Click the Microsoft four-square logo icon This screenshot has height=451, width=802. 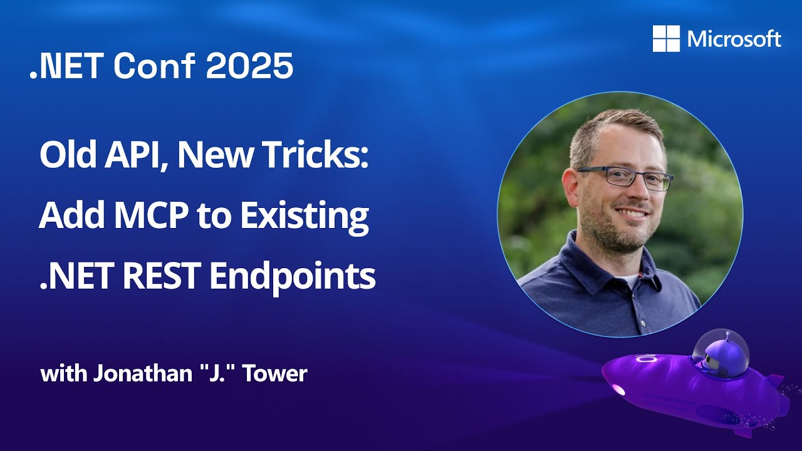(x=666, y=39)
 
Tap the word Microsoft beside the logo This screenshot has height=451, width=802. (x=734, y=39)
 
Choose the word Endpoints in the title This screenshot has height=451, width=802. (x=293, y=276)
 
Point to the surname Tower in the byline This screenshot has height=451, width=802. (x=277, y=374)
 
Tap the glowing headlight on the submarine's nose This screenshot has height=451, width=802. (x=619, y=390)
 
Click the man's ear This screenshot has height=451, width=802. (x=570, y=188)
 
